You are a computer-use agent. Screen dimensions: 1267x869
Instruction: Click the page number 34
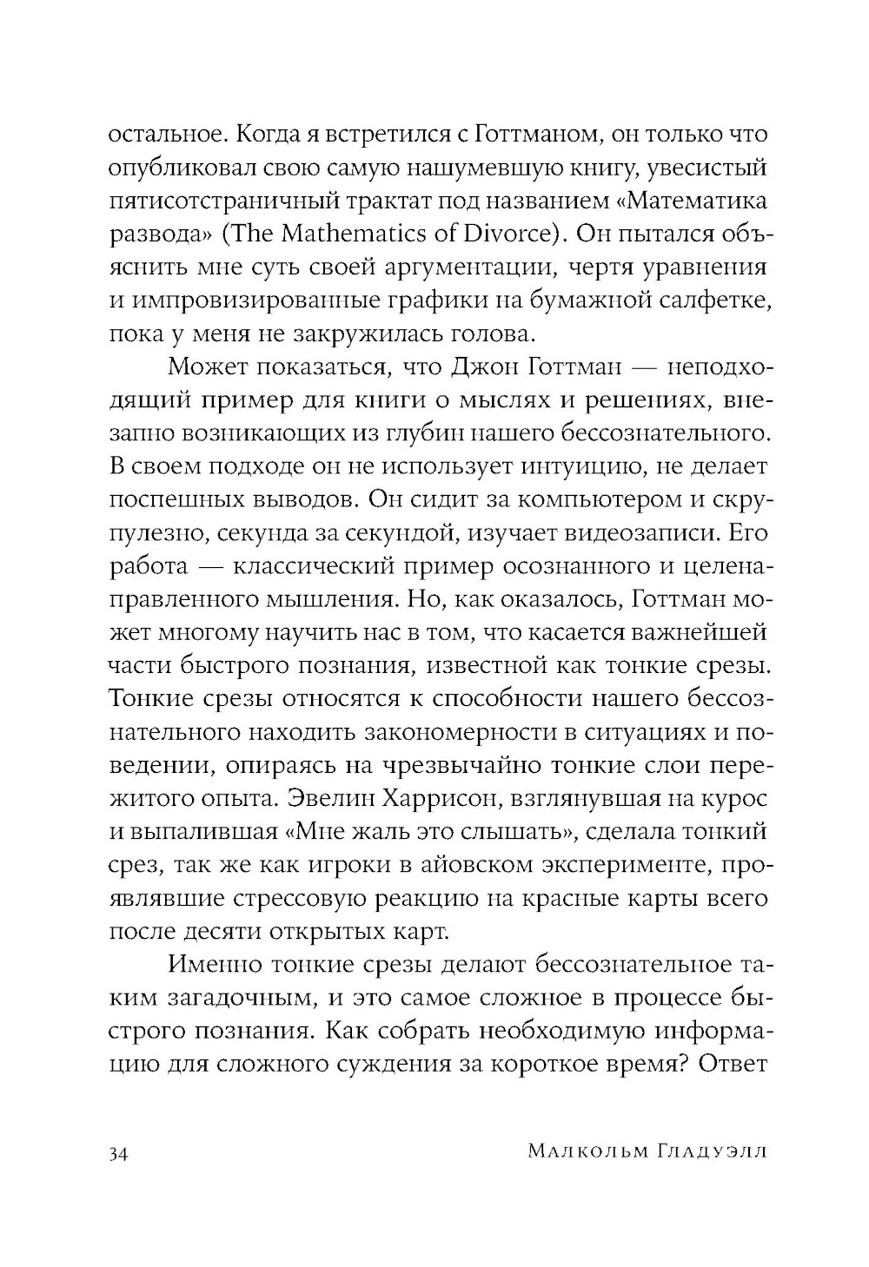pos(118,1152)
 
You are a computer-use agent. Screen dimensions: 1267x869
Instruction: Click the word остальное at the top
pos(160,135)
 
